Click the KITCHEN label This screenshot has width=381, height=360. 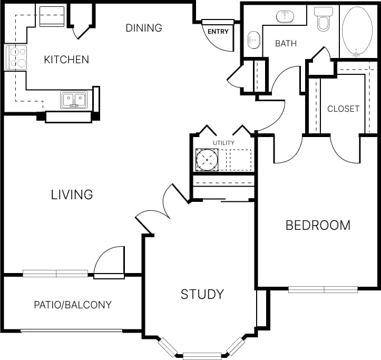tap(66, 60)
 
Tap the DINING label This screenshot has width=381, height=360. tap(143, 28)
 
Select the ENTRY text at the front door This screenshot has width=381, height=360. tap(218, 32)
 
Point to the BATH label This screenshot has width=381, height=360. tap(286, 43)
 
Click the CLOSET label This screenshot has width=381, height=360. tap(343, 109)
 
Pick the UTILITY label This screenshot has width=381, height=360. tap(223, 143)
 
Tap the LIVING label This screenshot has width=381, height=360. tap(72, 194)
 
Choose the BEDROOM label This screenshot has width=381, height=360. tap(318, 226)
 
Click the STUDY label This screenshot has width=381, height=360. tap(202, 294)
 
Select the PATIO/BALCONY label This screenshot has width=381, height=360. tap(73, 305)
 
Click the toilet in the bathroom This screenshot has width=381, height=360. tap(323, 20)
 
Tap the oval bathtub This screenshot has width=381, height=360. tap(358, 31)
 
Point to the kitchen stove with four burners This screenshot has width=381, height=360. tap(16, 57)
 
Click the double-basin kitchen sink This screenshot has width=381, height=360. tap(74, 99)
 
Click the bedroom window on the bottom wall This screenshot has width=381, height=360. tap(323, 289)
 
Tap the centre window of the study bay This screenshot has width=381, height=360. tap(202, 356)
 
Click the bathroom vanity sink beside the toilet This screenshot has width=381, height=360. tap(285, 16)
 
